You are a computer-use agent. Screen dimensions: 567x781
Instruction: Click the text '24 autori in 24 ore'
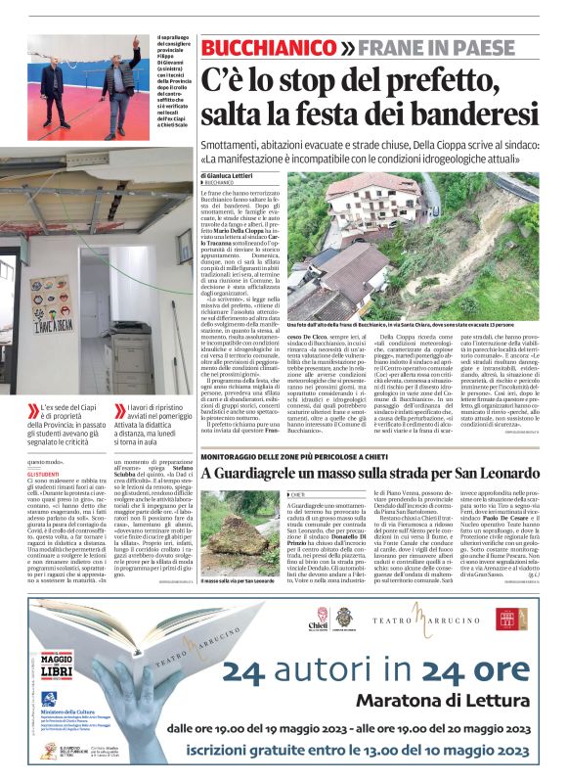[378, 670]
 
